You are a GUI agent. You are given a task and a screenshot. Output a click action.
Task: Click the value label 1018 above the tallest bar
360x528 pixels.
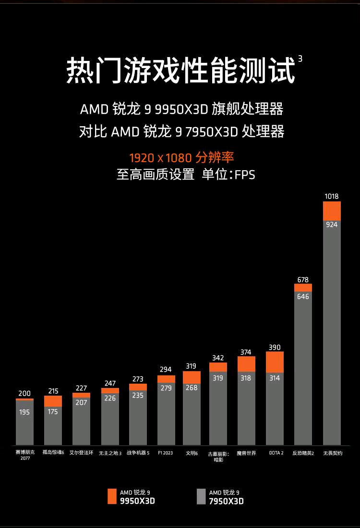tap(332, 196)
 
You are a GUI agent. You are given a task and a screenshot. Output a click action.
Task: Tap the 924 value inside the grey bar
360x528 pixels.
tap(332, 224)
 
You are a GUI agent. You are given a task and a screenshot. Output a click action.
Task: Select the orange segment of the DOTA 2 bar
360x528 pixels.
tap(275, 362)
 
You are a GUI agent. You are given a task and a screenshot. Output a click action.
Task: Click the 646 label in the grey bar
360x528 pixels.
tap(303, 297)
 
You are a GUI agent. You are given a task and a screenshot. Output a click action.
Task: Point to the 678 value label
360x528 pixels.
tap(303, 280)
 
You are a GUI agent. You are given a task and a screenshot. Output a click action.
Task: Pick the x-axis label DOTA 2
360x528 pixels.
tap(276, 453)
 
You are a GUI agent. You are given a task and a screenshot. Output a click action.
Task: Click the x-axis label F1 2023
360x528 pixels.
tap(165, 453)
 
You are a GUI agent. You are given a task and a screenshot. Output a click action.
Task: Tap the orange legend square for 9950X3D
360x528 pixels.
tap(112, 496)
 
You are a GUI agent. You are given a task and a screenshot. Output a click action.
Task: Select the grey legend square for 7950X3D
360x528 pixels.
tap(201, 496)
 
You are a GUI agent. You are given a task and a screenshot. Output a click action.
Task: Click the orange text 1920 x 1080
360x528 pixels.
tap(160, 157)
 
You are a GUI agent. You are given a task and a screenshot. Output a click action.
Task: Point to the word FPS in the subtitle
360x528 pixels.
tap(245, 175)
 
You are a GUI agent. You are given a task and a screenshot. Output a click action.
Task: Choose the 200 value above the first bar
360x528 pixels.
tap(24, 393)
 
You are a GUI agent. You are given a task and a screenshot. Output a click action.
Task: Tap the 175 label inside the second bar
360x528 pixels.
tap(53, 411)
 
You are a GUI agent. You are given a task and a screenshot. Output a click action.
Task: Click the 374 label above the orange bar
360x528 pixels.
tap(246, 352)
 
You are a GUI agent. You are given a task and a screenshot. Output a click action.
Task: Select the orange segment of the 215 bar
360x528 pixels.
tap(53, 401)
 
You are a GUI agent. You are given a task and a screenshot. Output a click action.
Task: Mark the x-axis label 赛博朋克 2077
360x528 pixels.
tap(24, 455)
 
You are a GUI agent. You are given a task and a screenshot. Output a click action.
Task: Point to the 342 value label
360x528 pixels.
tap(218, 358)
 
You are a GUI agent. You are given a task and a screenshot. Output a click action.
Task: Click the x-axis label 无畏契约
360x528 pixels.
tap(333, 453)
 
